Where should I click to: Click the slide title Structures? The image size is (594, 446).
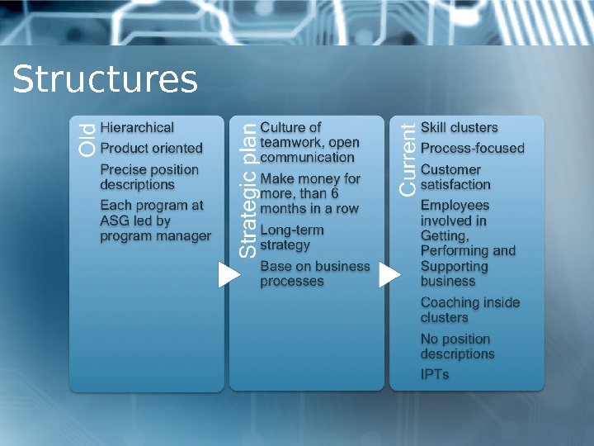tap(105, 80)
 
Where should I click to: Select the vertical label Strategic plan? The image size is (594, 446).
tap(248, 191)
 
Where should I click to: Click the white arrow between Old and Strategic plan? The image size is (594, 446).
tap(229, 276)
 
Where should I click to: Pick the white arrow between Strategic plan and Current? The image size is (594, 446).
tap(389, 276)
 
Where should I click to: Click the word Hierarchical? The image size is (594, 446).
tap(137, 127)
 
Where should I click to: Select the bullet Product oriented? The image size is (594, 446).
tap(151, 149)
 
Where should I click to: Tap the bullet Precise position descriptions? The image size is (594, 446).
tap(149, 177)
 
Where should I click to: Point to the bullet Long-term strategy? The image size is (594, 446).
tap(292, 237)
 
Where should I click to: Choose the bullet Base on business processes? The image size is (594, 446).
tap(315, 273)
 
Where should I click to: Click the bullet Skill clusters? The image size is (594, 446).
tap(460, 127)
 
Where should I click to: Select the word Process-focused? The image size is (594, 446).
tap(473, 149)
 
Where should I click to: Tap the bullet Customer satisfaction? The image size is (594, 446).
tap(455, 177)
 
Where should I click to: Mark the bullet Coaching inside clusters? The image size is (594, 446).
tap(470, 310)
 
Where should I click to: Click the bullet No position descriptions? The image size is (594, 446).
tap(458, 346)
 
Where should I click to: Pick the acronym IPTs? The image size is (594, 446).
tap(435, 374)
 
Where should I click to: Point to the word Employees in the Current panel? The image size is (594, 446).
tap(455, 205)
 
